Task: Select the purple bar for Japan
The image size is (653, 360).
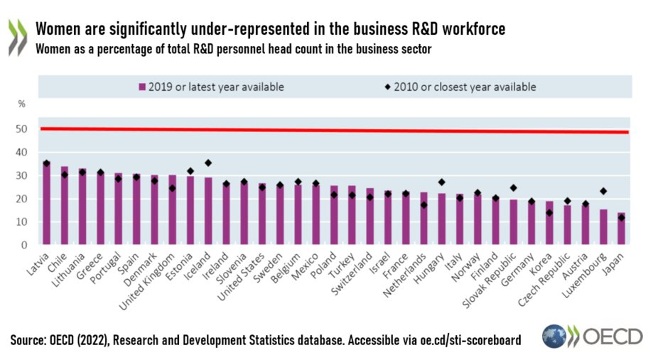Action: coord(621,229)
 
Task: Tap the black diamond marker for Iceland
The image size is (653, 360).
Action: coord(208,163)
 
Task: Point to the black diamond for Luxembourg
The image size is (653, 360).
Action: coord(603,191)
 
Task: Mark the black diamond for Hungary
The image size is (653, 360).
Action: coord(441,182)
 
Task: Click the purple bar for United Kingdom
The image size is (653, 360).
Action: coord(172,210)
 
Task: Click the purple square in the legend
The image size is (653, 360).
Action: coord(142,87)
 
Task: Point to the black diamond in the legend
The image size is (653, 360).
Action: coord(387,87)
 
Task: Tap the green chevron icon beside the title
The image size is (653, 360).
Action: coord(17,37)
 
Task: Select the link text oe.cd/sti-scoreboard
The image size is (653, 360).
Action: coord(465,340)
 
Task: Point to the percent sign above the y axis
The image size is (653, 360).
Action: coord(21,104)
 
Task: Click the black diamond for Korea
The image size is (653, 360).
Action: coord(549,212)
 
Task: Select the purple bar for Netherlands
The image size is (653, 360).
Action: coord(423,219)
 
